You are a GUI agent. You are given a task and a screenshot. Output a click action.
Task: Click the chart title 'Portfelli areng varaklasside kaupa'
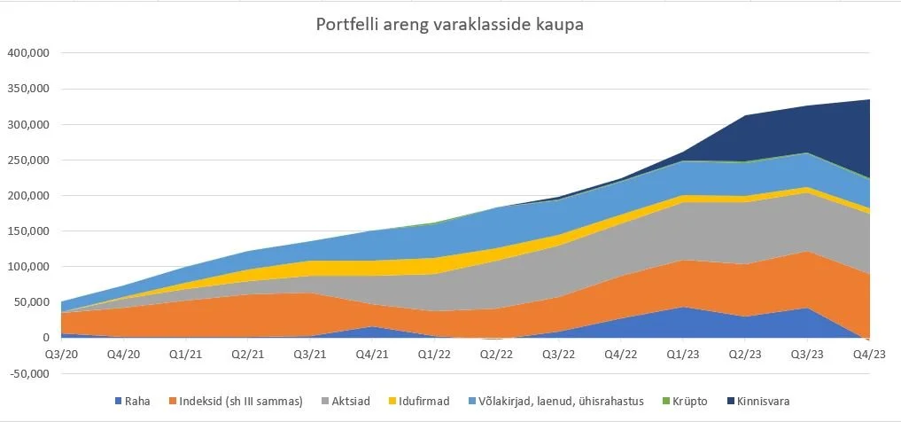tap(450, 24)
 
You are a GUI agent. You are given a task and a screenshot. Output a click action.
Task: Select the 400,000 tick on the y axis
tap(27, 53)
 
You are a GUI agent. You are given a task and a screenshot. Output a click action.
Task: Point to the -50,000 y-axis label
tap(27, 373)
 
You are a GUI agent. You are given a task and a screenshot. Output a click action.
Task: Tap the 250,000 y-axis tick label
tap(27, 160)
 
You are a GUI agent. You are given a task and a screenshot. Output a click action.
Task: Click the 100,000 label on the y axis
tap(27, 266)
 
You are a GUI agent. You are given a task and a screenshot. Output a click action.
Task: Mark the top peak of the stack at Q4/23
tap(868, 100)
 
